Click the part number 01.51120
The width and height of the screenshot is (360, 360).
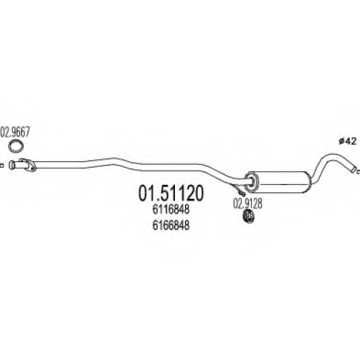(x=171, y=194)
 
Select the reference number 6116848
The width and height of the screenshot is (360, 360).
(x=171, y=210)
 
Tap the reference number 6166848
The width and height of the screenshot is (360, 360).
(x=171, y=225)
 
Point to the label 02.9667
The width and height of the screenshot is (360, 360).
(x=15, y=132)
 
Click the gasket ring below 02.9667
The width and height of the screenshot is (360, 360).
(x=16, y=145)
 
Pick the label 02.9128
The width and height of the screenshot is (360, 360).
(x=248, y=203)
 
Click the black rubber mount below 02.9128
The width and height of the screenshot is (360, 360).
(x=249, y=216)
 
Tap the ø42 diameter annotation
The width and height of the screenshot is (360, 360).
(x=348, y=142)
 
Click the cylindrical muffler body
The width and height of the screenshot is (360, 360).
(x=279, y=181)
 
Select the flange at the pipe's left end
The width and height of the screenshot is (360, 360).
(x=28, y=166)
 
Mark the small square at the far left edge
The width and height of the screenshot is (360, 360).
(x=1, y=166)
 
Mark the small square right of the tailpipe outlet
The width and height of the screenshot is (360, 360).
(x=359, y=171)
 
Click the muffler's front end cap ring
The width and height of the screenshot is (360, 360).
(x=251, y=182)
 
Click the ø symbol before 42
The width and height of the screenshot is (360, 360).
(x=341, y=142)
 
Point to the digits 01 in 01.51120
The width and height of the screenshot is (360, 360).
(x=146, y=194)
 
